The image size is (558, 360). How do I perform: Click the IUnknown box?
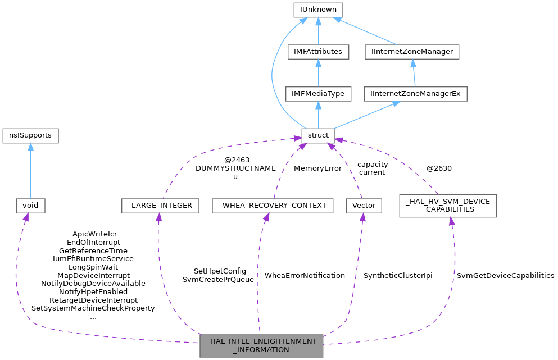coord(318,10)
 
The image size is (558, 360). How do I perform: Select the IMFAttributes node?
coord(318,52)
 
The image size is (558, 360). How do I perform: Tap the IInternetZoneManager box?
coord(412,52)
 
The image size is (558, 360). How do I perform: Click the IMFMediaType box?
coord(318,94)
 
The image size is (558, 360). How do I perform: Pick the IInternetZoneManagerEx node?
coord(416,94)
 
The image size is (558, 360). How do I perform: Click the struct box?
coord(318,135)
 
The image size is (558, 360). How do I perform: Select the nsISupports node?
coord(30,135)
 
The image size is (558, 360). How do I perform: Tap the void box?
coord(30,206)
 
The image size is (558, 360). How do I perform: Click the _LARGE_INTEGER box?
coord(160,206)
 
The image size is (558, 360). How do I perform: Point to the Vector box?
coord(363,206)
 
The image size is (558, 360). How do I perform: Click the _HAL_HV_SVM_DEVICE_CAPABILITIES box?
coord(447,206)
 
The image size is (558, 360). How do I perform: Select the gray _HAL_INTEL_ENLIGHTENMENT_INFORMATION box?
coord(261,345)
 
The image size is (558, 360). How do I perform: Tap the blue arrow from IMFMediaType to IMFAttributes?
coord(318,73)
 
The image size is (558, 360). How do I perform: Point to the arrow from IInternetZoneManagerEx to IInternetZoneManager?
coord(414,73)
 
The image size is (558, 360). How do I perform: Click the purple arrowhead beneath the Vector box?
coord(362,217)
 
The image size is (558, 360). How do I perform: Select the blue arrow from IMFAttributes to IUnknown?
coord(318,31)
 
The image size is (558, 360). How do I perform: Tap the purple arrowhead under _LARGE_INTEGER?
coord(159,217)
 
